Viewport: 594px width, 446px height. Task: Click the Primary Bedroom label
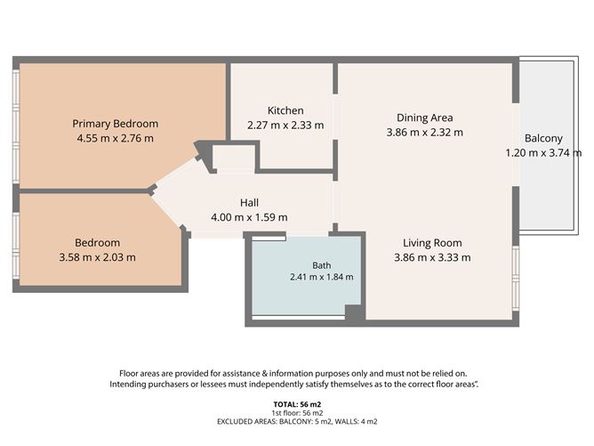[116, 124]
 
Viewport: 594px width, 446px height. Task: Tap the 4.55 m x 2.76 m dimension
[116, 138]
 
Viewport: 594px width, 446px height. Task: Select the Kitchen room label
[285, 110]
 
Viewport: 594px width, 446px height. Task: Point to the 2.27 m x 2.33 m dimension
[285, 125]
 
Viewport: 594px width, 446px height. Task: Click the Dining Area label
[425, 118]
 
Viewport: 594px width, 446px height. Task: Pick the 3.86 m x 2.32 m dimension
[425, 132]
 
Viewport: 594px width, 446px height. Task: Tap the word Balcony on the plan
[543, 138]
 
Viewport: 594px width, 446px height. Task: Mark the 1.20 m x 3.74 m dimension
[543, 153]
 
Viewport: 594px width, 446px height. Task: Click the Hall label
[249, 202]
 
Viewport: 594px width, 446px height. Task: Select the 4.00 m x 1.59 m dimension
[249, 217]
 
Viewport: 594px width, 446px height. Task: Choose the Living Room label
[432, 243]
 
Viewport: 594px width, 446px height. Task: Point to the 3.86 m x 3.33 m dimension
[432, 257]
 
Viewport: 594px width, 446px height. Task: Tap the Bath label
[322, 265]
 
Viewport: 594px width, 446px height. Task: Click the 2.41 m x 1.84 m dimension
[322, 277]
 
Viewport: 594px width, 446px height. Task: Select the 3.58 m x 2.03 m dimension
[97, 257]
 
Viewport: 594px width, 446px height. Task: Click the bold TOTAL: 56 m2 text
[297, 404]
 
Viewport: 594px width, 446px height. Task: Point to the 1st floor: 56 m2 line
[297, 413]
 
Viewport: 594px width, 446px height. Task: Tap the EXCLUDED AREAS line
[297, 421]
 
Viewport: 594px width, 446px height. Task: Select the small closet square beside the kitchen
[233, 158]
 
